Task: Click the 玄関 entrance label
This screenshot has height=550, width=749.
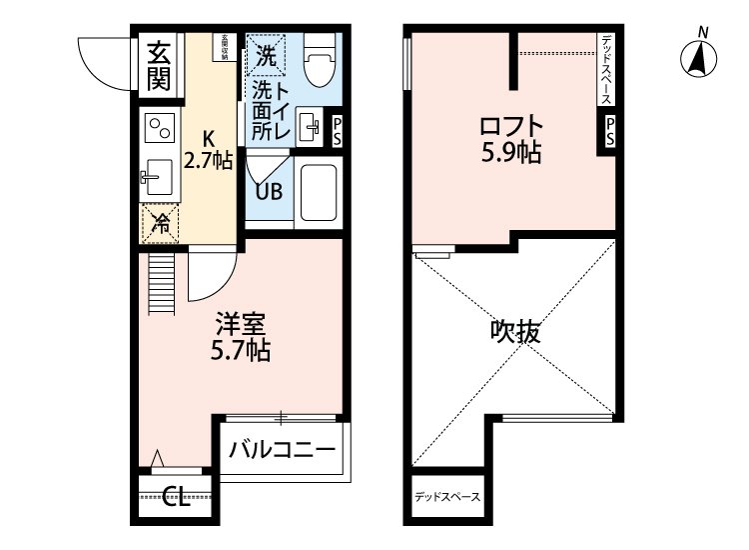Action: pos(159,66)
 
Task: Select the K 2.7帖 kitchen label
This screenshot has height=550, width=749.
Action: pos(209,149)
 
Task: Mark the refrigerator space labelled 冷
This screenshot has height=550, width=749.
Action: pos(160,224)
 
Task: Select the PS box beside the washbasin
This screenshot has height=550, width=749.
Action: pos(337,130)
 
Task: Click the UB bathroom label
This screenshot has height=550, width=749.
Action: pos(269,191)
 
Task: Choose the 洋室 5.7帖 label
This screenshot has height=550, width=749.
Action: pos(241,337)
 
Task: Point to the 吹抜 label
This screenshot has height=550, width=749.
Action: pos(515,332)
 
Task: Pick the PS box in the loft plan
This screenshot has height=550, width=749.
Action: pos(608,131)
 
